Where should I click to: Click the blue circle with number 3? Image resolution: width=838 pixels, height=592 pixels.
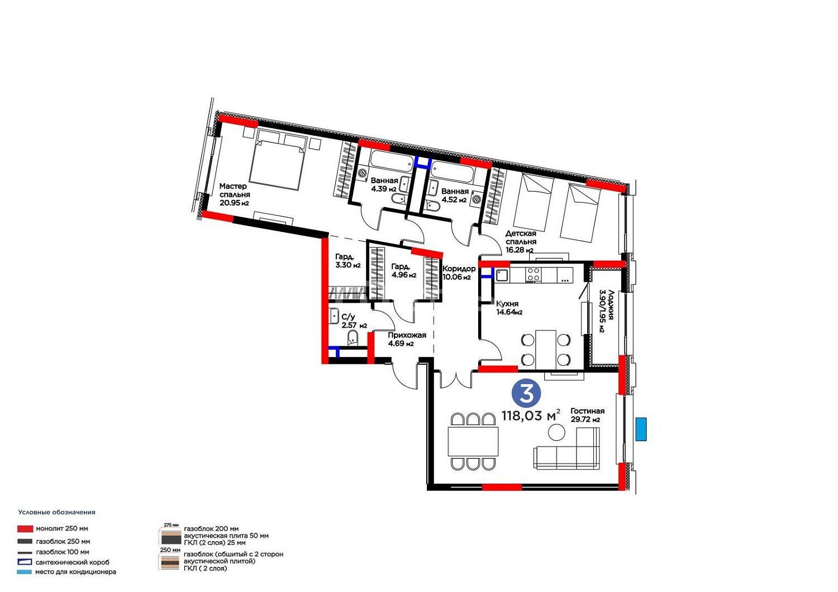(x=526, y=393)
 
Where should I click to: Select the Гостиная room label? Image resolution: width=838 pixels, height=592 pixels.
(x=587, y=411)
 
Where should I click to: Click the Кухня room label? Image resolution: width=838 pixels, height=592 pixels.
(x=507, y=304)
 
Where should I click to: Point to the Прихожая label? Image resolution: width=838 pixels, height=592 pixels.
(x=407, y=335)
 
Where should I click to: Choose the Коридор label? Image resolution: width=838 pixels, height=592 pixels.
(x=459, y=269)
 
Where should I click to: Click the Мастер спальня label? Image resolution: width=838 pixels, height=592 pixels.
(x=235, y=190)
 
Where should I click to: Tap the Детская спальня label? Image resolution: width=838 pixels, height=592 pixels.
(x=521, y=237)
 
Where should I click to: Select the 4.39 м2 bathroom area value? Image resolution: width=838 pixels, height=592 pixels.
(x=383, y=189)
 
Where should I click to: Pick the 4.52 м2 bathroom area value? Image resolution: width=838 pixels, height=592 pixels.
(x=454, y=200)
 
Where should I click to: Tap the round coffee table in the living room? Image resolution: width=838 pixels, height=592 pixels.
(x=556, y=433)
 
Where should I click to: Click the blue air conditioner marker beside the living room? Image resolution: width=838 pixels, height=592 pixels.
(x=641, y=429)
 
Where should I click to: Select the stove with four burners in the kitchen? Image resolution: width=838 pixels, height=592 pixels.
(x=534, y=274)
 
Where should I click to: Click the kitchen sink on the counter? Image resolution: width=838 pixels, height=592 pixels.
(x=502, y=276)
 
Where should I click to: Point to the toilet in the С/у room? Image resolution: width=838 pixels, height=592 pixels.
(x=353, y=338)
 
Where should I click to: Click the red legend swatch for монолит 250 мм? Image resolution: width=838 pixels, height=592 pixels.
(x=25, y=529)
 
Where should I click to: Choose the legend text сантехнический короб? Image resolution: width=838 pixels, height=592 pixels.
(x=73, y=562)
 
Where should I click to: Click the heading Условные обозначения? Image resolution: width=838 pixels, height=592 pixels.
(x=57, y=512)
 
